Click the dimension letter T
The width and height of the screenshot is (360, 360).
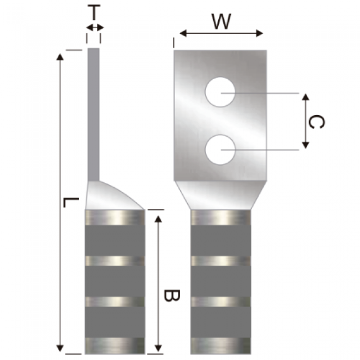(x=94, y=12)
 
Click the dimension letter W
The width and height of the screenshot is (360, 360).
(x=222, y=22)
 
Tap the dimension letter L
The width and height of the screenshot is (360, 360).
(x=71, y=202)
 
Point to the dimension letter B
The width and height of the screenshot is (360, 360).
(x=172, y=295)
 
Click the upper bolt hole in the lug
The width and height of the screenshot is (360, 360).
(x=220, y=92)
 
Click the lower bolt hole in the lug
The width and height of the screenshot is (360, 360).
(x=220, y=150)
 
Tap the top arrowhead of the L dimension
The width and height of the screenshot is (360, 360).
(x=60, y=56)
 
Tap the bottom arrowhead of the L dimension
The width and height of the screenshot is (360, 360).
(x=60, y=348)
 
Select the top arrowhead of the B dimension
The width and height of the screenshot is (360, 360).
(x=158, y=219)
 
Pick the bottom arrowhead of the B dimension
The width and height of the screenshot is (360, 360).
(x=158, y=348)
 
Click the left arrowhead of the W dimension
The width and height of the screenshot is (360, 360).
(x=183, y=34)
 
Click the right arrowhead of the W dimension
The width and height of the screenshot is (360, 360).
(x=259, y=34)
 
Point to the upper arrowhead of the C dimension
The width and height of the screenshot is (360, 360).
(x=305, y=97)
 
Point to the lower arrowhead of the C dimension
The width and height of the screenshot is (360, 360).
(x=305, y=145)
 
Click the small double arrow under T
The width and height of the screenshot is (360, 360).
(x=95, y=28)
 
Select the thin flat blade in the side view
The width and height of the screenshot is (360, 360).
(x=94, y=114)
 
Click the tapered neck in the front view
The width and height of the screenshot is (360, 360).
(x=220, y=195)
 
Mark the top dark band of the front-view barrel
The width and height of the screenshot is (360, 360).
(x=220, y=240)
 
